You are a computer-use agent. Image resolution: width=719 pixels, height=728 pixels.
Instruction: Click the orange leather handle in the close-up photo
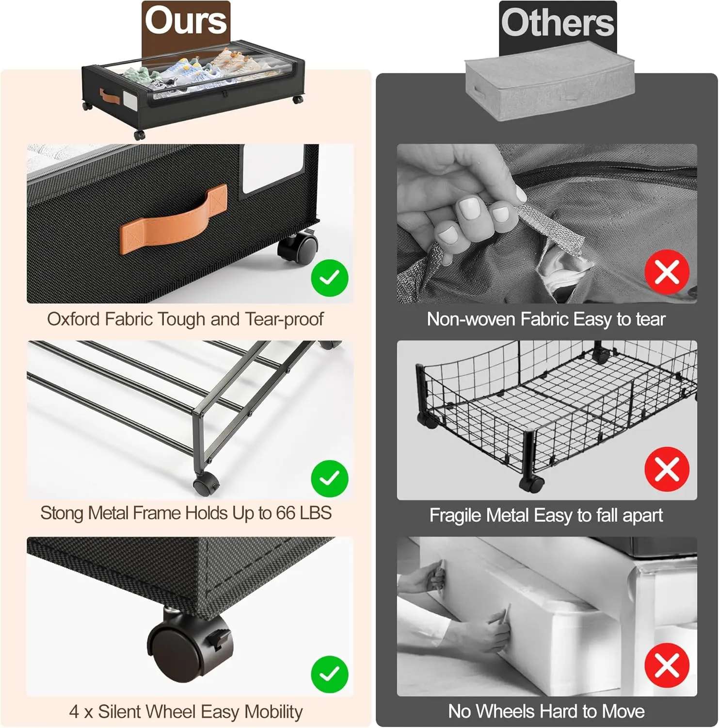pyautogui.click(x=173, y=219)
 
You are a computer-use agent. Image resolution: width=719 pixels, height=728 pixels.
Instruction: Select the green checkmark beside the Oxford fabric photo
pyautogui.click(x=330, y=278)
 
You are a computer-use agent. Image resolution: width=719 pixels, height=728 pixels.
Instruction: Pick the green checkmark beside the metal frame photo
pyautogui.click(x=330, y=479)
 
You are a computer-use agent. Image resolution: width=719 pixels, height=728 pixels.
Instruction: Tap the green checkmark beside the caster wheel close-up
pyautogui.click(x=330, y=674)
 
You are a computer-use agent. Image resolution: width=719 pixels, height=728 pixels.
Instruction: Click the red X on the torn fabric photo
pyautogui.click(x=667, y=272)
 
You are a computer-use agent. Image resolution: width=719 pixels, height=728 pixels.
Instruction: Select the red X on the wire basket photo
pyautogui.click(x=667, y=470)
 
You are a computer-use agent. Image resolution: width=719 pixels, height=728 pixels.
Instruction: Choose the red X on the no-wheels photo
pyautogui.click(x=667, y=666)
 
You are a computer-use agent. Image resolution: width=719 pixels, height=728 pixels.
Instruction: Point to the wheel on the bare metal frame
pyautogui.click(x=206, y=483)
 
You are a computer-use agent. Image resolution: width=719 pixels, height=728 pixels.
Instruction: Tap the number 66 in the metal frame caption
pyautogui.click(x=287, y=513)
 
